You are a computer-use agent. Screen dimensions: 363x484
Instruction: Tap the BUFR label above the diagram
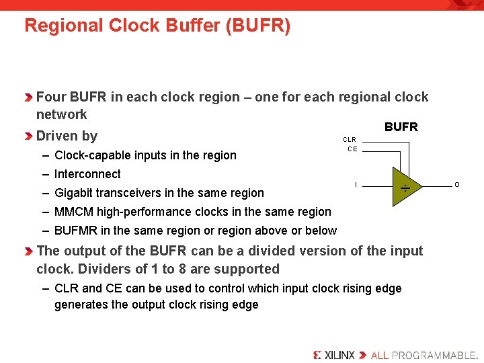tap(401, 127)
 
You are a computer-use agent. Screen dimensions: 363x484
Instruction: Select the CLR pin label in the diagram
tap(350, 140)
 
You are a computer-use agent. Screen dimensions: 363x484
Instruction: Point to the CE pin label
tap(352, 149)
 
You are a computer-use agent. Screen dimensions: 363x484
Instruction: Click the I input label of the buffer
tap(356, 185)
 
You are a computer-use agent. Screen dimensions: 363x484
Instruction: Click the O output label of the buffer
tap(457, 185)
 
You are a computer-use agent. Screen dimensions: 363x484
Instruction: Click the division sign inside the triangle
tap(405, 189)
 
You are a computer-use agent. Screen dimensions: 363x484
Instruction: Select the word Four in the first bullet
tap(51, 97)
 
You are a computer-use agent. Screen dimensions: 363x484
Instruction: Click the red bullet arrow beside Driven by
tap(28, 136)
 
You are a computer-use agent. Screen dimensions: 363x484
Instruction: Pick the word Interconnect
tap(87, 174)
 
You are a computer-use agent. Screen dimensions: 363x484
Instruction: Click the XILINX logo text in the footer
tap(334, 354)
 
